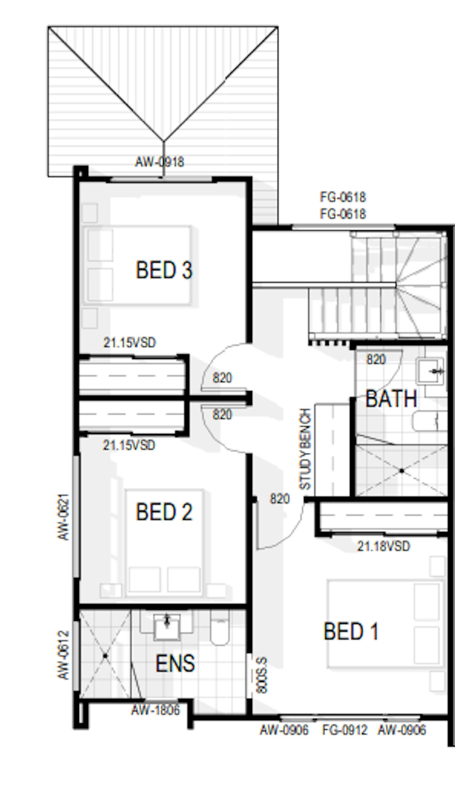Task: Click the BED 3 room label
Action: [x=164, y=270]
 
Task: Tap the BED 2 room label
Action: [x=164, y=512]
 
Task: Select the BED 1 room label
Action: [x=351, y=632]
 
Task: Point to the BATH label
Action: [x=391, y=399]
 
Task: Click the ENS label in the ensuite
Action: [x=175, y=663]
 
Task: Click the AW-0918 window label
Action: [x=159, y=162]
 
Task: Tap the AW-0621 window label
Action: [x=64, y=517]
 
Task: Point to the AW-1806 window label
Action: [x=155, y=710]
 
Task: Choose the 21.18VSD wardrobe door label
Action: [x=383, y=546]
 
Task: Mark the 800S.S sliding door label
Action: [x=262, y=675]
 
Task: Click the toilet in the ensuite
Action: [x=220, y=628]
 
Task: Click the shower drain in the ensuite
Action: [x=105, y=656]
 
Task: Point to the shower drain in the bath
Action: [x=402, y=471]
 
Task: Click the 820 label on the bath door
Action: [x=376, y=360]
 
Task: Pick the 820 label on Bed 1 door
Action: [x=279, y=499]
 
